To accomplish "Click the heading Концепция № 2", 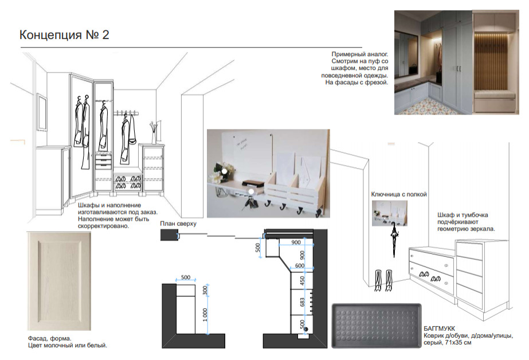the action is (x=64, y=35).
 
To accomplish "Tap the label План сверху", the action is (x=178, y=224).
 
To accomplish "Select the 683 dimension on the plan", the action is (x=302, y=302).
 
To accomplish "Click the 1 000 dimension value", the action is (x=205, y=315).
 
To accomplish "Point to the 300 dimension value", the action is (x=205, y=290).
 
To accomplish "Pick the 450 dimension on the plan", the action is (x=302, y=281).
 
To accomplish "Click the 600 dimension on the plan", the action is (x=300, y=265).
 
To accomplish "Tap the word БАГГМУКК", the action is (x=439, y=328).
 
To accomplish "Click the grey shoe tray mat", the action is (x=377, y=325).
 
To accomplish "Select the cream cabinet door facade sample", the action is (x=59, y=281).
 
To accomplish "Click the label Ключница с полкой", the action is (x=399, y=194).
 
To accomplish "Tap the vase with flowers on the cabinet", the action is (x=154, y=132).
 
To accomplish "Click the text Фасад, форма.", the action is (x=50, y=338).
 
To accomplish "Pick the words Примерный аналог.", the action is (x=359, y=54).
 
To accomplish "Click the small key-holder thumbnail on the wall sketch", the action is (x=389, y=213).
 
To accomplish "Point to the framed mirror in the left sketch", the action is (x=41, y=112).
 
